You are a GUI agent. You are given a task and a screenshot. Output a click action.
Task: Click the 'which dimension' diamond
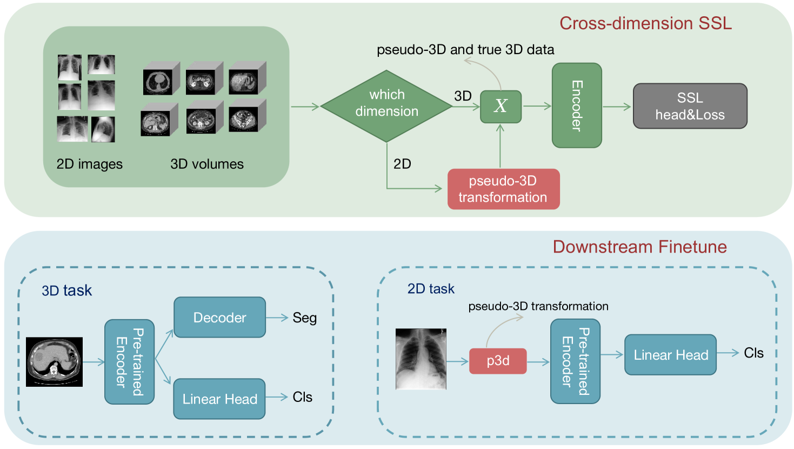pyautogui.click(x=386, y=106)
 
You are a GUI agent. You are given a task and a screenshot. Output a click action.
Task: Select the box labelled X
pyautogui.click(x=501, y=106)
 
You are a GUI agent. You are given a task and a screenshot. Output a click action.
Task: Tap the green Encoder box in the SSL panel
pyautogui.click(x=577, y=105)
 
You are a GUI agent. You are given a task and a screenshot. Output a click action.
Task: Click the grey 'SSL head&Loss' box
pyautogui.click(x=690, y=106)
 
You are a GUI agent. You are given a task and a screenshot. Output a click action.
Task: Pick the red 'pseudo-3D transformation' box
pyautogui.click(x=503, y=189)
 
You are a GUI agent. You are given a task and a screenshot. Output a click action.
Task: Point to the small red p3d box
pyautogui.click(x=498, y=361)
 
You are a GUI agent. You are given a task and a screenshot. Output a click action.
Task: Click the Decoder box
pyautogui.click(x=219, y=318)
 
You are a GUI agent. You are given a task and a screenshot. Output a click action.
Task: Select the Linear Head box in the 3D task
pyautogui.click(x=219, y=399)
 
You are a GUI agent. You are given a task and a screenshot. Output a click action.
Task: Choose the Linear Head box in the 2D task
pyautogui.click(x=670, y=355)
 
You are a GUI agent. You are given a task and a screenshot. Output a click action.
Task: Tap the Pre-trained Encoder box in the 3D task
pyautogui.click(x=129, y=362)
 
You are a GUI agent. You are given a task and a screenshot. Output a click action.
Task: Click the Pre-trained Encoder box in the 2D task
pyautogui.click(x=575, y=361)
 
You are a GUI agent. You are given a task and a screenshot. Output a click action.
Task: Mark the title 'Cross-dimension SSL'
pyautogui.click(x=645, y=23)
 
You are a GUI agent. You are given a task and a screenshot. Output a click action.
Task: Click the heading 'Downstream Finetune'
pyautogui.click(x=639, y=247)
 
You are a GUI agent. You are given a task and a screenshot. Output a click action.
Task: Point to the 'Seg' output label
pyautogui.click(x=304, y=318)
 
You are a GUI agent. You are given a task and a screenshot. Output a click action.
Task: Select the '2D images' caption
pyautogui.click(x=90, y=164)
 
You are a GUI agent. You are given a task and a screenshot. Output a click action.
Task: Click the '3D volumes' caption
pyautogui.click(x=207, y=164)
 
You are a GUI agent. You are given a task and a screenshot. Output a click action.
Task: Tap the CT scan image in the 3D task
pyautogui.click(x=54, y=362)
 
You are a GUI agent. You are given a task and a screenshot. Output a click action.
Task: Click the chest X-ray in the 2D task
pyautogui.click(x=421, y=359)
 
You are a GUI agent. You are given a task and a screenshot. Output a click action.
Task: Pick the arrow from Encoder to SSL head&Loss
pyautogui.click(x=617, y=107)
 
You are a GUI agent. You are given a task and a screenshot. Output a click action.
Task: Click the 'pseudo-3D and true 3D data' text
pyautogui.click(x=465, y=50)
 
